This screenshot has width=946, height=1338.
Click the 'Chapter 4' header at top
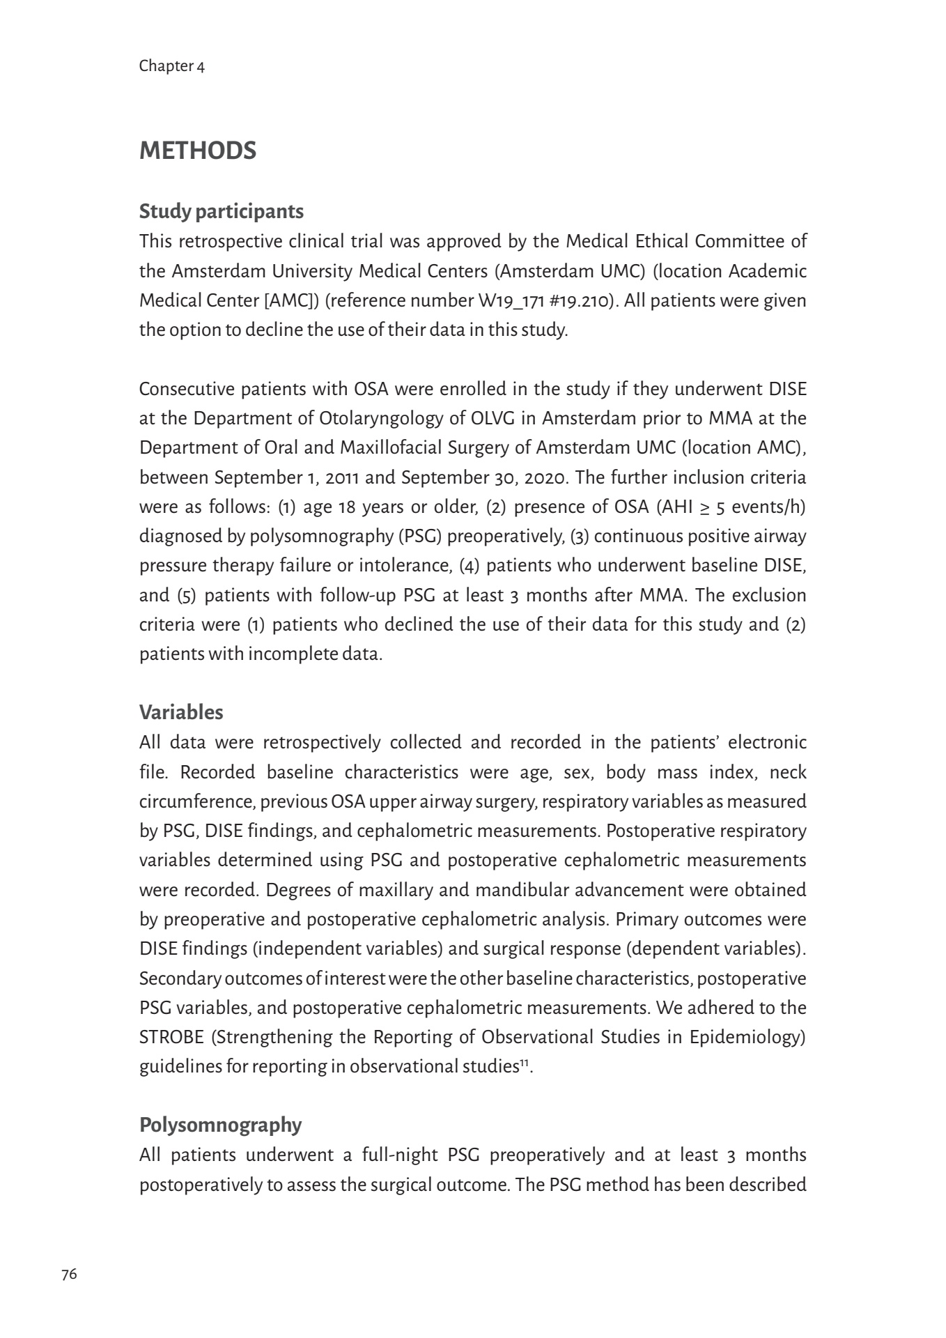171,66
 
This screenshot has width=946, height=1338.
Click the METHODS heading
198,151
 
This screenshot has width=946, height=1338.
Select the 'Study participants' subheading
221,211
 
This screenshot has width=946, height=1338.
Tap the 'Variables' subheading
181,712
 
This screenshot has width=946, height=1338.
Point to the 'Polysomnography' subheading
220,1125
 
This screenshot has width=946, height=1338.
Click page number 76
69,1275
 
